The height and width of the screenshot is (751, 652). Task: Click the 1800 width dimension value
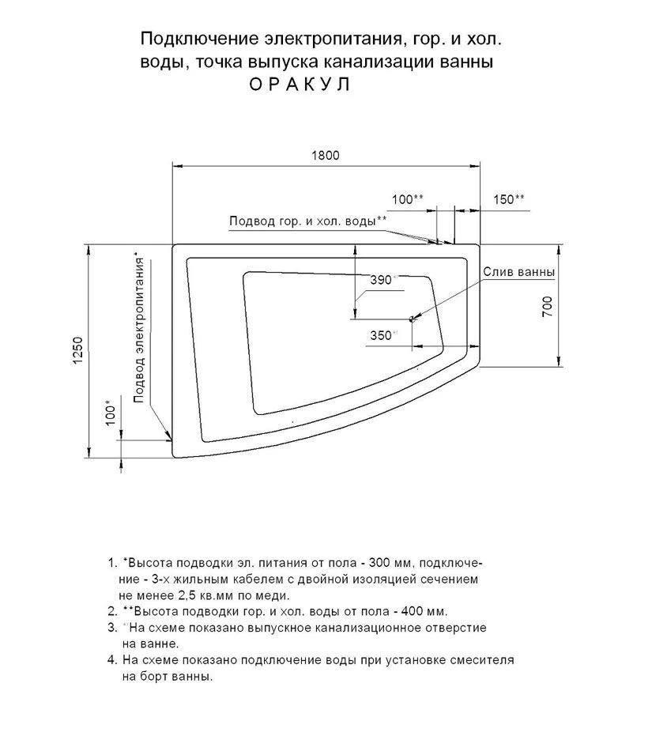coord(324,156)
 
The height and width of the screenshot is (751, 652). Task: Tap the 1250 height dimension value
coord(77,351)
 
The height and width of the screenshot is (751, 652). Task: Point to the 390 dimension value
coord(382,280)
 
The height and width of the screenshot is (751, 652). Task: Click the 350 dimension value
coord(381,334)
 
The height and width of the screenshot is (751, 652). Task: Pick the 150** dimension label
coord(509,199)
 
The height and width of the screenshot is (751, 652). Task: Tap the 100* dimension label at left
coord(110,413)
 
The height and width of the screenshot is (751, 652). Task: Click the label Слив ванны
coord(518,272)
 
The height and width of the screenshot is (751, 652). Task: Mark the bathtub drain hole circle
coord(412,319)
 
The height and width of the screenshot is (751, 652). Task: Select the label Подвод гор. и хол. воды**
coord(308,221)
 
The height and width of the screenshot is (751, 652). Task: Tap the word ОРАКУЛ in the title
coord(300,83)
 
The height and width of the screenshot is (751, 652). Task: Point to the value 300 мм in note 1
coord(390,563)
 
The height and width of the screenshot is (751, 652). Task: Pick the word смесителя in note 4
coord(482,659)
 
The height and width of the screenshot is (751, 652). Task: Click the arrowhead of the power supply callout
coord(170,436)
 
